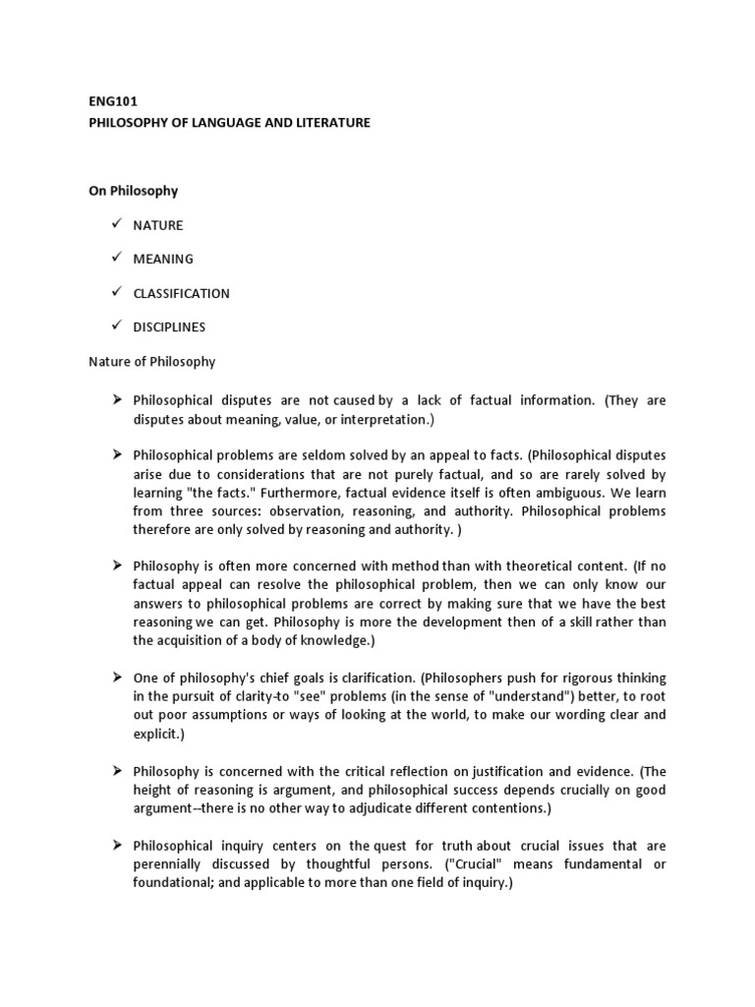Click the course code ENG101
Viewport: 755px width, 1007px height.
point(109,100)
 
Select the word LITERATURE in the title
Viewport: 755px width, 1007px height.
point(330,123)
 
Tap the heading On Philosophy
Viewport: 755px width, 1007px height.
point(133,191)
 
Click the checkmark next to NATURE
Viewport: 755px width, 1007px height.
point(116,224)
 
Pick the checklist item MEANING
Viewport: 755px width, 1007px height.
point(163,259)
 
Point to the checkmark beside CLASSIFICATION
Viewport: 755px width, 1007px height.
point(116,292)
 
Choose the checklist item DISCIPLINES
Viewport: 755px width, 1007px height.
point(169,326)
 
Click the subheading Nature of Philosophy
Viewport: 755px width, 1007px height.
point(151,361)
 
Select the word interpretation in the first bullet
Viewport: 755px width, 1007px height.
point(347,418)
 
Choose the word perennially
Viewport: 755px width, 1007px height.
point(174,864)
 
